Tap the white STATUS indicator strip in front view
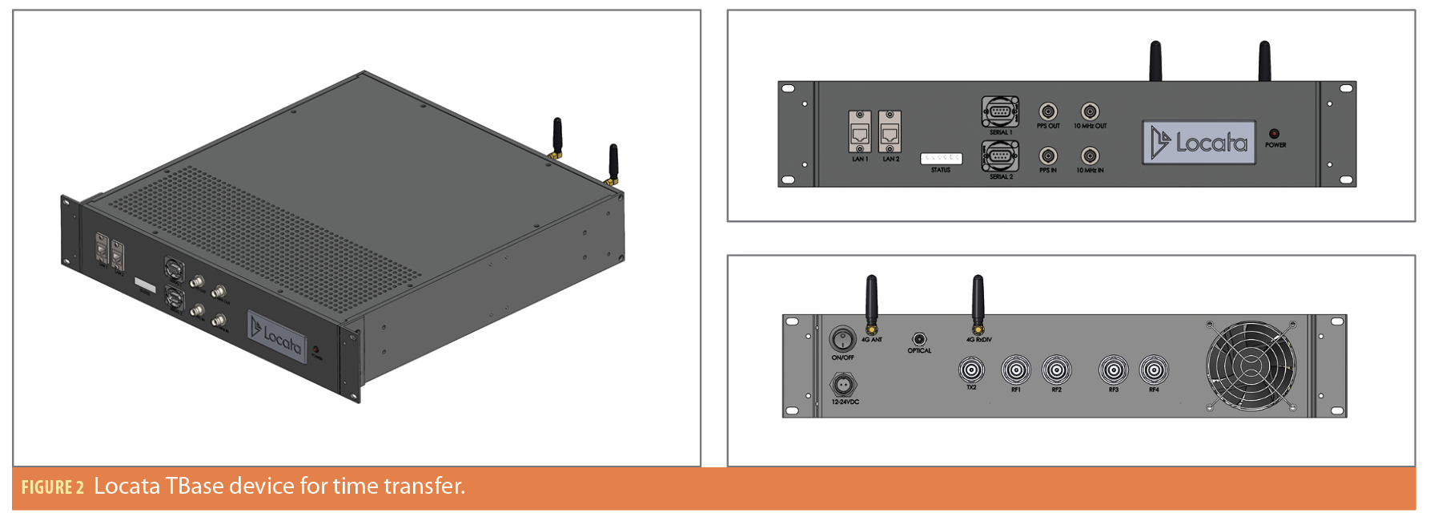coord(941,159)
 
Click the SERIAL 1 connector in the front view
coord(1000,111)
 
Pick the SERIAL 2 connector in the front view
coord(1000,155)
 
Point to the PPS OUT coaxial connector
coord(1048,111)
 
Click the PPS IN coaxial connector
coord(1048,155)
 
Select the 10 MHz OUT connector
coord(1090,111)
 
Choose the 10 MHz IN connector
coord(1090,155)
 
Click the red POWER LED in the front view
coord(1274,134)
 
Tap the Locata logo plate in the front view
coord(1199,143)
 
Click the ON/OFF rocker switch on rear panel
coord(842,339)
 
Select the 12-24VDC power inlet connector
coord(842,386)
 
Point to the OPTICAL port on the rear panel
coord(919,339)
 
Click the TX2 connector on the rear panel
coord(971,370)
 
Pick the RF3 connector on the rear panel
coord(1113,370)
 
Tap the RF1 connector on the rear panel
coord(1015,370)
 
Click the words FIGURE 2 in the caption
coord(53,487)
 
